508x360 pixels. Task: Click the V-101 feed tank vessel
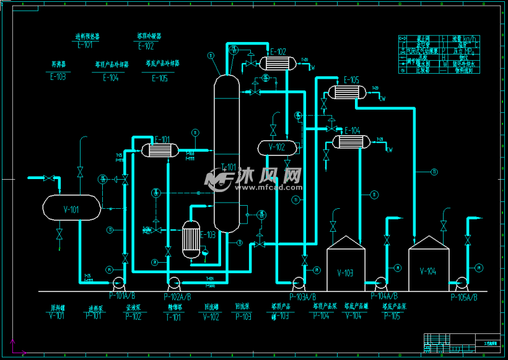coord(71,209)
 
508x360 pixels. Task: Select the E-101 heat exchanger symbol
coord(160,150)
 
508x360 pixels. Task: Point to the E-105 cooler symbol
coord(348,92)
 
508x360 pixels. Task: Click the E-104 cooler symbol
coord(351,142)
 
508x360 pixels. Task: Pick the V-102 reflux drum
coord(276,147)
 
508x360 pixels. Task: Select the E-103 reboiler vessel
coord(191,239)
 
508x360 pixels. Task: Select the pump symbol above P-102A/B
coord(173,283)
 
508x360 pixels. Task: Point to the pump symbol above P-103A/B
coord(299,283)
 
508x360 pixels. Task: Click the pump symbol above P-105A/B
coord(461,283)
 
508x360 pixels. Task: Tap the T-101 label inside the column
coord(229,167)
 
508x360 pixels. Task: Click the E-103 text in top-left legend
coord(57,77)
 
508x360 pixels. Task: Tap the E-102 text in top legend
coord(146,46)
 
